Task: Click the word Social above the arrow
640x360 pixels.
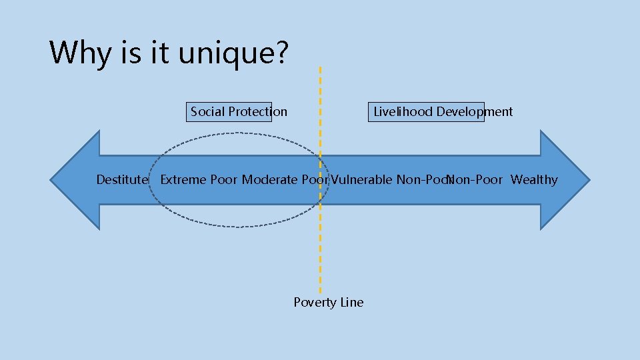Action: (207, 112)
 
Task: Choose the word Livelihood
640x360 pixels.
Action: (403, 112)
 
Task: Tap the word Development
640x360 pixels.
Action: (475, 112)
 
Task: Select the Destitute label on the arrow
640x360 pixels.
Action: (122, 180)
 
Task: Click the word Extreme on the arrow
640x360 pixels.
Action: (183, 180)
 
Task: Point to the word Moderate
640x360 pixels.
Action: (269, 180)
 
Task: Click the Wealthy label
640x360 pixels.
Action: (534, 180)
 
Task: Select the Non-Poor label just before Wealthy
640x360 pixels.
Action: (476, 180)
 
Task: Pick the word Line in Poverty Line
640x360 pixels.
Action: (352, 303)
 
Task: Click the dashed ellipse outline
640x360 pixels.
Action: (237, 133)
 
